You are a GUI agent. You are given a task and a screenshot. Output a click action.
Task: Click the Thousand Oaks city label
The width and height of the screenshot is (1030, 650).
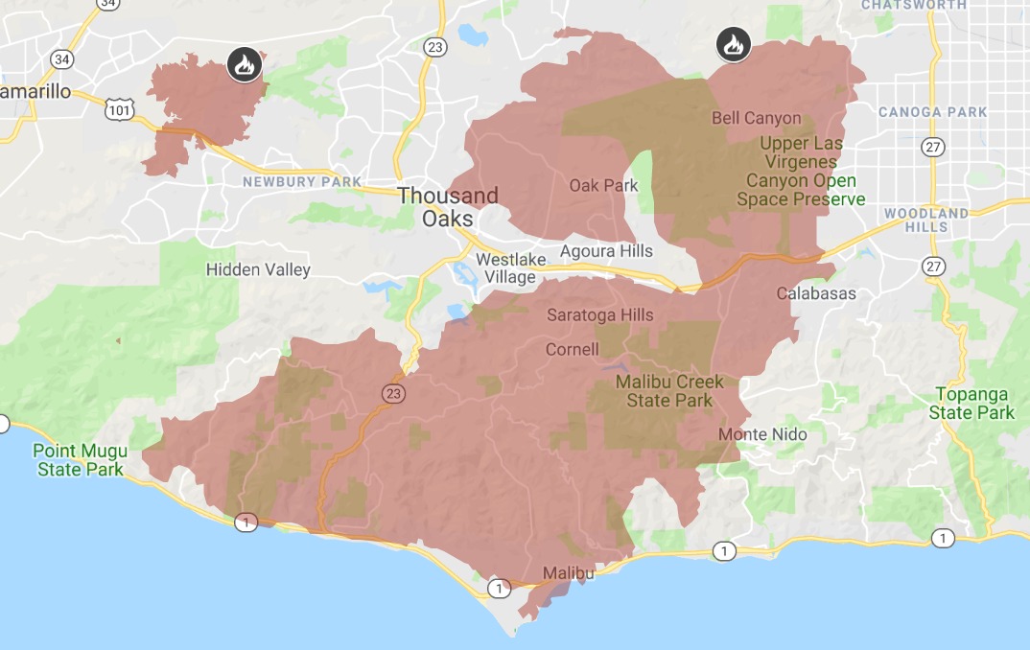tap(448, 207)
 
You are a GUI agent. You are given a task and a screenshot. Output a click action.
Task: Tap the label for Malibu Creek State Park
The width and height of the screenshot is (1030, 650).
tap(669, 391)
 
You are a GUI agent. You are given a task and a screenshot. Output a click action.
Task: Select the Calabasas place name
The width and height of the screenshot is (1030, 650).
tap(816, 293)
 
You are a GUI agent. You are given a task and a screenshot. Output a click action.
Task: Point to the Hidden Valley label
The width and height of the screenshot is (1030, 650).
tap(258, 269)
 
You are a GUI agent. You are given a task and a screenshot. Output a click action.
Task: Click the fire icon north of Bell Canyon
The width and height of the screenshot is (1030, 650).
tap(733, 44)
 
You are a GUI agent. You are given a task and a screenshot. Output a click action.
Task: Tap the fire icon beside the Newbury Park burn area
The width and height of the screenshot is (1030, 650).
tap(243, 65)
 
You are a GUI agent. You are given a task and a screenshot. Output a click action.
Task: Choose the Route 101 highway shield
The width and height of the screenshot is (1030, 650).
tap(120, 110)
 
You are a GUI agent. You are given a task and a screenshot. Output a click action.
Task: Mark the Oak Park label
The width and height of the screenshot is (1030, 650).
tap(603, 185)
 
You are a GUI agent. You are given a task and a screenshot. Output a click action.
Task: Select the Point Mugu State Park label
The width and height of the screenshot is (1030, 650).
tap(79, 460)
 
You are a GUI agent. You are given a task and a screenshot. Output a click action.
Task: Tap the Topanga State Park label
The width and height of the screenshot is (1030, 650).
tap(971, 404)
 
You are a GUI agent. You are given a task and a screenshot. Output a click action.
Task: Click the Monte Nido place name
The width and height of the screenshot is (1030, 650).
tap(762, 434)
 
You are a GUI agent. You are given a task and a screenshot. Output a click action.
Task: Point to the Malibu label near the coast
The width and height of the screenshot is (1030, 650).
tap(569, 573)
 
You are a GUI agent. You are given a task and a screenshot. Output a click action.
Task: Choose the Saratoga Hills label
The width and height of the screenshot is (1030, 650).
tap(600, 314)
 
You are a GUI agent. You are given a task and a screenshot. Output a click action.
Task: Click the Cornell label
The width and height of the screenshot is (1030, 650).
tap(572, 349)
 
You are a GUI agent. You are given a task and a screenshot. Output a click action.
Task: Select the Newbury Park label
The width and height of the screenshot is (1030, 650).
tap(302, 181)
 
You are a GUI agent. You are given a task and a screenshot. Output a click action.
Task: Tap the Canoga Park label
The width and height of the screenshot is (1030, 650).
tap(932, 112)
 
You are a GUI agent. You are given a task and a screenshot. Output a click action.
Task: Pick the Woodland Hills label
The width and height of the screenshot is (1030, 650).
tap(926, 220)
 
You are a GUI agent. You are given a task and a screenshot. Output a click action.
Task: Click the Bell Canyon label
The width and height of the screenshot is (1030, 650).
tap(756, 118)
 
